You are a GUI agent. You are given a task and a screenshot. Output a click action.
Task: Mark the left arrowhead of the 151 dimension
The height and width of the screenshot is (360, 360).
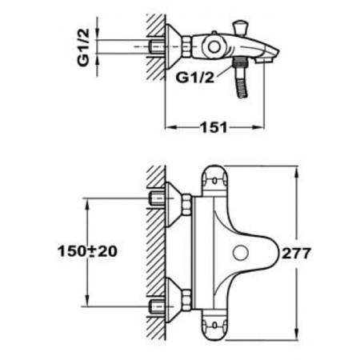pos(168,126)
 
